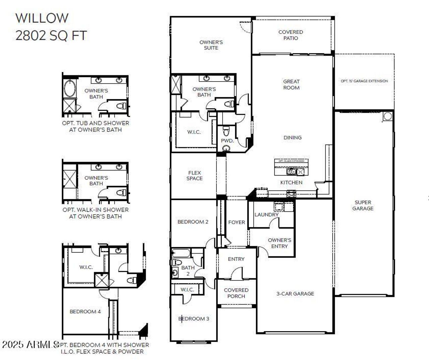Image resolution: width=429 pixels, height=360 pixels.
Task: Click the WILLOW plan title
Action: point(42,18)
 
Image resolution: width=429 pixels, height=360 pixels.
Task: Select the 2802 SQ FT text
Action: point(51,36)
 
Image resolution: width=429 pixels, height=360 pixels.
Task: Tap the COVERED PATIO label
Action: point(291,35)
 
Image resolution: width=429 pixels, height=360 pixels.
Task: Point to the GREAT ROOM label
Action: point(291,85)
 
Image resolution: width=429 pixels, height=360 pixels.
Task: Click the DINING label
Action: point(292,138)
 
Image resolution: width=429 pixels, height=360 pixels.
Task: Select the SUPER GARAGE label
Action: point(363,205)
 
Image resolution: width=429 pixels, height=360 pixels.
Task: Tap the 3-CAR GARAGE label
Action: point(295,294)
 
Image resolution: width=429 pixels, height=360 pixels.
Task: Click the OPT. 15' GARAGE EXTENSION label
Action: point(364,81)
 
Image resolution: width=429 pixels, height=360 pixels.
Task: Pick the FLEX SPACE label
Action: point(194,176)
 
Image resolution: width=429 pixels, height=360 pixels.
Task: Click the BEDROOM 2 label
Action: point(193,222)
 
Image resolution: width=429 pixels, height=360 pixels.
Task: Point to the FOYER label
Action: point(236,222)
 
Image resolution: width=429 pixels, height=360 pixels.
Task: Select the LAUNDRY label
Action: point(266,215)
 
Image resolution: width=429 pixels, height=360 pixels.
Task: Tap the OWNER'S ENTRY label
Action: point(279,243)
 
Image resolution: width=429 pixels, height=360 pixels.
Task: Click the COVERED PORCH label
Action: point(236,293)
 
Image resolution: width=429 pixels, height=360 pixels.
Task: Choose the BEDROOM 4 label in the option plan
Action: point(85,312)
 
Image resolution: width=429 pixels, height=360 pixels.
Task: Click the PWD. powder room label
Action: point(227,141)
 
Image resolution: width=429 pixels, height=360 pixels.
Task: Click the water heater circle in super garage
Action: point(387,116)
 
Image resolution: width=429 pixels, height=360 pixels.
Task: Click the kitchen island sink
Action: point(291,172)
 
